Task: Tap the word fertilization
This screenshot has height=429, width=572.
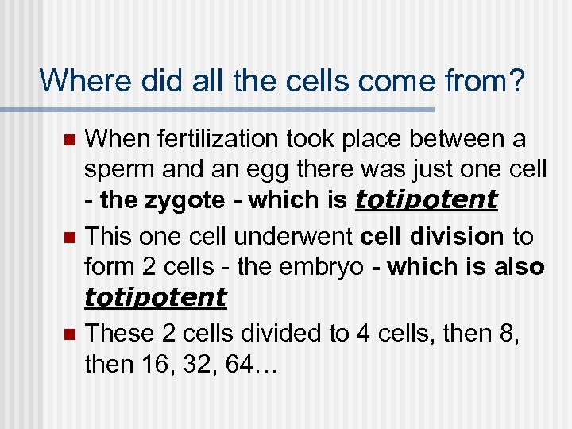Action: coord(202,140)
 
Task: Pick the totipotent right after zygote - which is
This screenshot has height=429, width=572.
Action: coord(427,200)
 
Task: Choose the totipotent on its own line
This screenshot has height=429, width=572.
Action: coord(155,297)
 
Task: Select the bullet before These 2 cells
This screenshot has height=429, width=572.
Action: coord(69,334)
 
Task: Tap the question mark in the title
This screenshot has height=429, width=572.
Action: coord(516,80)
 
